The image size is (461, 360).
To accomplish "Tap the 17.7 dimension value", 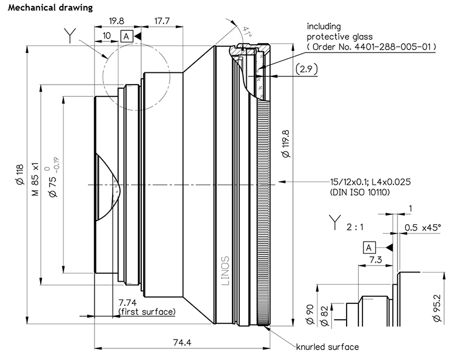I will point(162,22).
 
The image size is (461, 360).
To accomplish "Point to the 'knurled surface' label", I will point(327,347).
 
